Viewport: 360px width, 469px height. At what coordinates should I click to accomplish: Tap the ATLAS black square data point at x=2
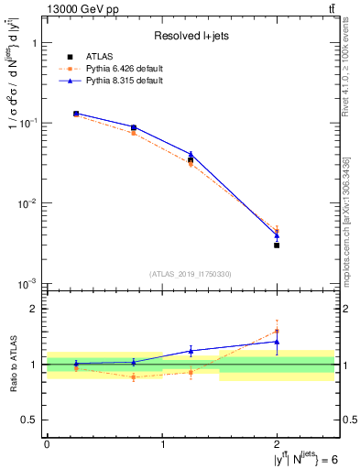tap(277, 245)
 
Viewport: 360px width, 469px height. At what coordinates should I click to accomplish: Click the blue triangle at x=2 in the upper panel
tap(277, 235)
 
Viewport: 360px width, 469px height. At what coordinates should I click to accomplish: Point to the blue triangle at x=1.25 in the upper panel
tap(191, 155)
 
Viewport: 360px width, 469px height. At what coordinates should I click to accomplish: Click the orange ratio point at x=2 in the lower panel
tap(277, 332)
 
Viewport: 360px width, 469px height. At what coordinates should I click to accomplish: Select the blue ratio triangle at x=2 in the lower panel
tap(277, 342)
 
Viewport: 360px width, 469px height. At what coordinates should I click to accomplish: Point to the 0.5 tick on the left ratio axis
tap(34, 420)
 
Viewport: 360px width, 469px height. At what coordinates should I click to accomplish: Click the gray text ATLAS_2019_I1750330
tap(191, 274)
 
